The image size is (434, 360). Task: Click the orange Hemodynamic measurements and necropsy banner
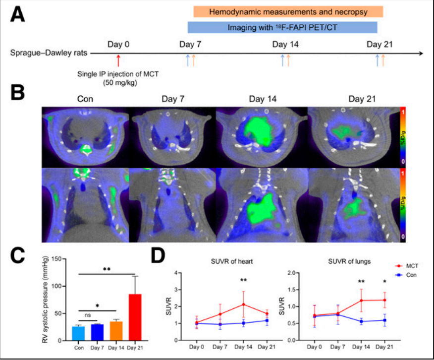coord(288,11)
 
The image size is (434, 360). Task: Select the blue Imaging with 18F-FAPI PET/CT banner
coord(282,27)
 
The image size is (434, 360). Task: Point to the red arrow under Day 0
coord(118,60)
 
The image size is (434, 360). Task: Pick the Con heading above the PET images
coord(85,99)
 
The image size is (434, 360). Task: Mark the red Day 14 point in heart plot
coord(244,304)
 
